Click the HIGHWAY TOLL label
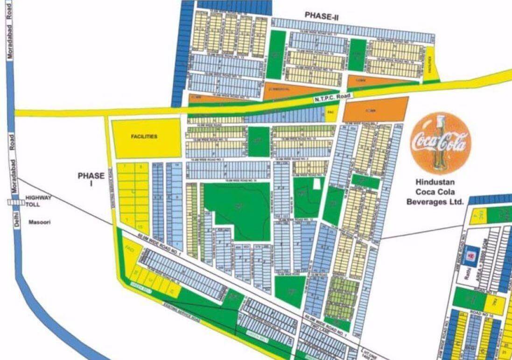tap(39, 201)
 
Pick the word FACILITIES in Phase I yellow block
tap(144, 137)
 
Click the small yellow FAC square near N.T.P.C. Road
tap(330, 113)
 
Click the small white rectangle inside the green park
tap(317, 183)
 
